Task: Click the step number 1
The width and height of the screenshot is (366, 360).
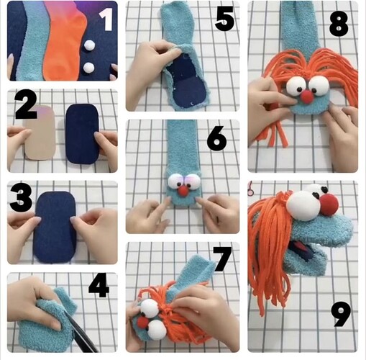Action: tap(106, 19)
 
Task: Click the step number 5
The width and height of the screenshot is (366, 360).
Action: tap(224, 19)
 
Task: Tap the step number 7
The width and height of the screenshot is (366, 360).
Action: tap(222, 259)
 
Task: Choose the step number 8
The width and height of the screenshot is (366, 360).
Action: tap(339, 24)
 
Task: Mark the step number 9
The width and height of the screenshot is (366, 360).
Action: tap(341, 314)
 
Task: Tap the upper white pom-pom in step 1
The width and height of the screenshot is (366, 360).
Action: tap(90, 45)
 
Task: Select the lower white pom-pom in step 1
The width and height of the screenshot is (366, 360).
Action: tap(88, 68)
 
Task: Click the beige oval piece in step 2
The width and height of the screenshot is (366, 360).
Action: tap(40, 132)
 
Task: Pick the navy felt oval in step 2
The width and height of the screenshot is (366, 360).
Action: tap(83, 134)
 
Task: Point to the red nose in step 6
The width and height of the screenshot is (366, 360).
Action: tap(183, 192)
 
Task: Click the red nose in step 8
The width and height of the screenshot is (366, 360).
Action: tap(307, 97)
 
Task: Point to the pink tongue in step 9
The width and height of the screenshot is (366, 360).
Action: tap(298, 247)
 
